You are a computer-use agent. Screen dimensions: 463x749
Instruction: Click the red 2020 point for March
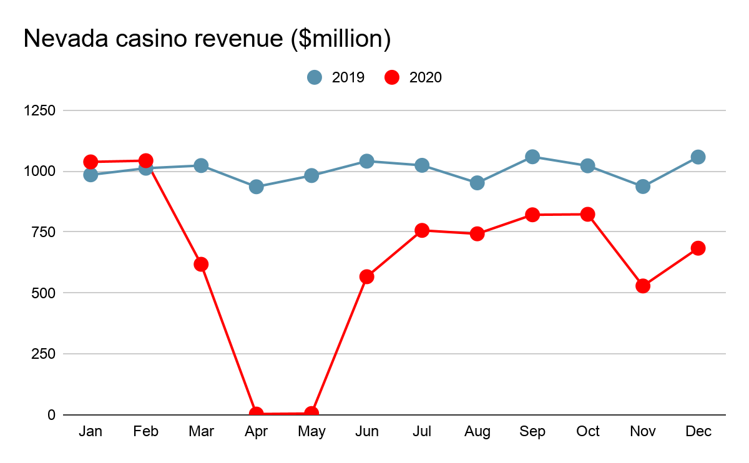click(x=201, y=264)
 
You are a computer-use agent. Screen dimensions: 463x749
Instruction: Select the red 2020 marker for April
click(x=256, y=414)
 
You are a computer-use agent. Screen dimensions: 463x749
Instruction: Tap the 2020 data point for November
click(x=643, y=286)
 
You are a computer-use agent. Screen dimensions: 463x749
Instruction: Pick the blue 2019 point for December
click(x=698, y=157)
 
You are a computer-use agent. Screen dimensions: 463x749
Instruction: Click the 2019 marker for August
click(x=477, y=183)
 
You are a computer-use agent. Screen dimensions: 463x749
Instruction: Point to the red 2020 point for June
click(x=367, y=276)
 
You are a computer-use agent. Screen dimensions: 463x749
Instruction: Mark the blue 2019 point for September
click(x=532, y=157)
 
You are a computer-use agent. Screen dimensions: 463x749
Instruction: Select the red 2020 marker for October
click(x=587, y=214)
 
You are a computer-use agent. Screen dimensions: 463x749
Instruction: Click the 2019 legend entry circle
click(x=315, y=77)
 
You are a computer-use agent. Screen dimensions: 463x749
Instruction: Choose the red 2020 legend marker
click(x=392, y=77)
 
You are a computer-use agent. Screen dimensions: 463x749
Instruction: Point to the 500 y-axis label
click(x=44, y=293)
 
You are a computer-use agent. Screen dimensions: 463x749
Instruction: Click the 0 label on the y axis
click(x=51, y=414)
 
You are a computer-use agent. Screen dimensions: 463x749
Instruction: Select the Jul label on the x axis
click(x=422, y=432)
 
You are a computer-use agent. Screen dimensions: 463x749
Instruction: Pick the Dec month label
click(x=698, y=432)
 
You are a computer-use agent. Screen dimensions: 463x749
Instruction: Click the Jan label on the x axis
click(x=91, y=432)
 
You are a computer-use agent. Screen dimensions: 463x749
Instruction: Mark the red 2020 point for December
click(x=698, y=248)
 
